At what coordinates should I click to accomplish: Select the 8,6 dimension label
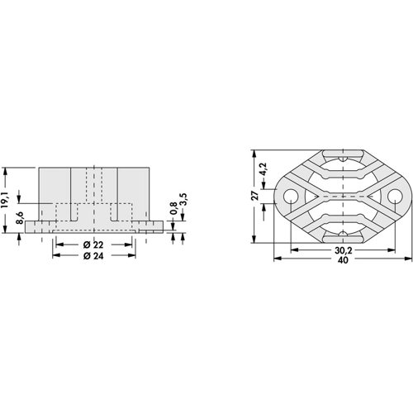pyautogui.click(x=19, y=218)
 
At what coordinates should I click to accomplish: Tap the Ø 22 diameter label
pyautogui.click(x=93, y=244)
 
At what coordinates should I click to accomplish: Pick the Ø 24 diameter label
pyautogui.click(x=93, y=256)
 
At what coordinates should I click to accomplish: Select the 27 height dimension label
pyautogui.click(x=255, y=196)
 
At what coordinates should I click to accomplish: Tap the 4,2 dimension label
pyautogui.click(x=263, y=169)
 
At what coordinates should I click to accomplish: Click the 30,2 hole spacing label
pyautogui.click(x=343, y=250)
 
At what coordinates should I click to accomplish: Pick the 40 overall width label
pyautogui.click(x=343, y=259)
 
